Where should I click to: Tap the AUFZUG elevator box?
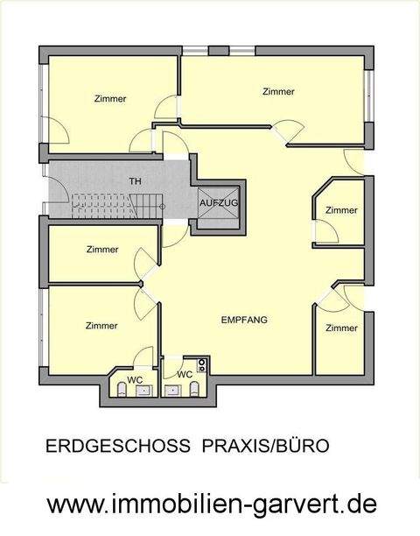[218, 204]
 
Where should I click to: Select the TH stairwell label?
[136, 181]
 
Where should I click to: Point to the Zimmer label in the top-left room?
[109, 99]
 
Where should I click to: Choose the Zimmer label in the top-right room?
[278, 91]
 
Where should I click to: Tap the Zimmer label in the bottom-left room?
[101, 326]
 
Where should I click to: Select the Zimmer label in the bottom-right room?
[341, 328]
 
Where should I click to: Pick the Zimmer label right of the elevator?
[341, 210]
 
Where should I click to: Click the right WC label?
[185, 374]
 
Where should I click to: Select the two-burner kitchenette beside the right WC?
[201, 363]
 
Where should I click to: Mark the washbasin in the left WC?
[143, 391]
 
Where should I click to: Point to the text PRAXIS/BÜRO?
[266, 446]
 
